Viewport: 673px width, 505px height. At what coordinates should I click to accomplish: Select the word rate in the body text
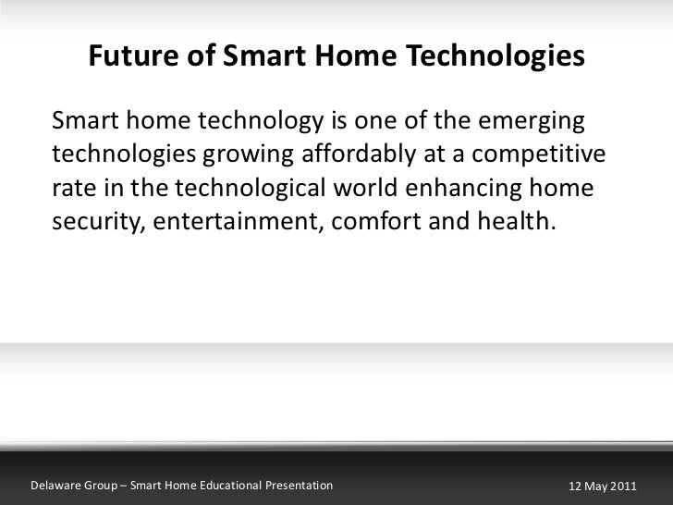pyautogui.click(x=72, y=188)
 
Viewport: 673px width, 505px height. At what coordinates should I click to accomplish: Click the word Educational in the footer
pyautogui.click(x=227, y=485)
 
